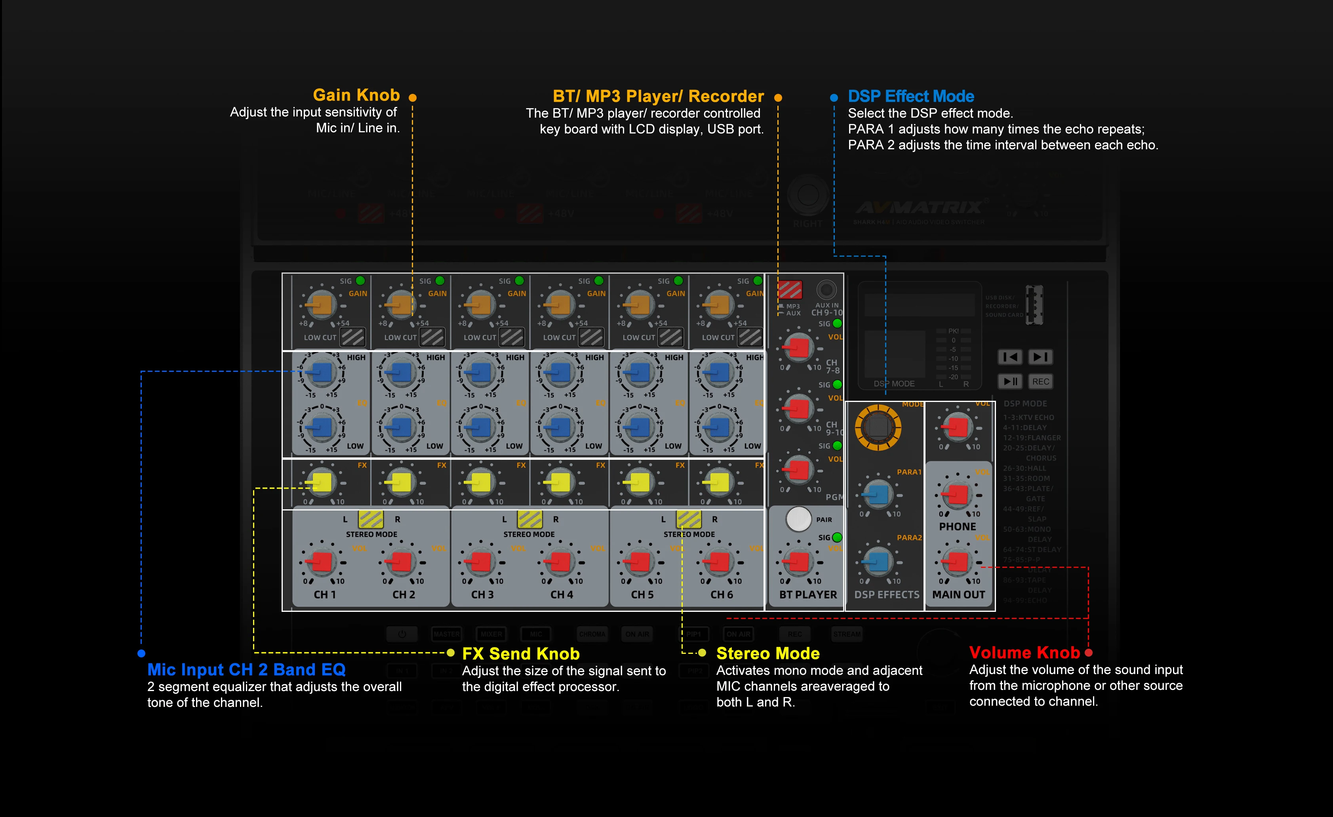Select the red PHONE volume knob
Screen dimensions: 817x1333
pos(958,494)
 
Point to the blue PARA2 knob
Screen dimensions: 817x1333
pos(878,562)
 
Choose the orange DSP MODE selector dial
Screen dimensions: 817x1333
pos(878,427)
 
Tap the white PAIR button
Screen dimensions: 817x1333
pos(798,520)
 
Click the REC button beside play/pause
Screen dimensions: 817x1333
pos(1040,381)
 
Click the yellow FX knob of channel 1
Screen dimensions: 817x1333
pos(321,482)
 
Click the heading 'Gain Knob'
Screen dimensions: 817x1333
pos(356,95)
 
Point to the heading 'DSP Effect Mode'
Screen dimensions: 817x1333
pos(910,96)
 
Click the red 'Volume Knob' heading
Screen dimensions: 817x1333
pos(1024,653)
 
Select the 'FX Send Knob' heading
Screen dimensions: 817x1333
pos(520,653)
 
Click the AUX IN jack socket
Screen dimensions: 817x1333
pos(826,290)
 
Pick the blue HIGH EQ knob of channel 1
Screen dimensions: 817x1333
pos(321,372)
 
